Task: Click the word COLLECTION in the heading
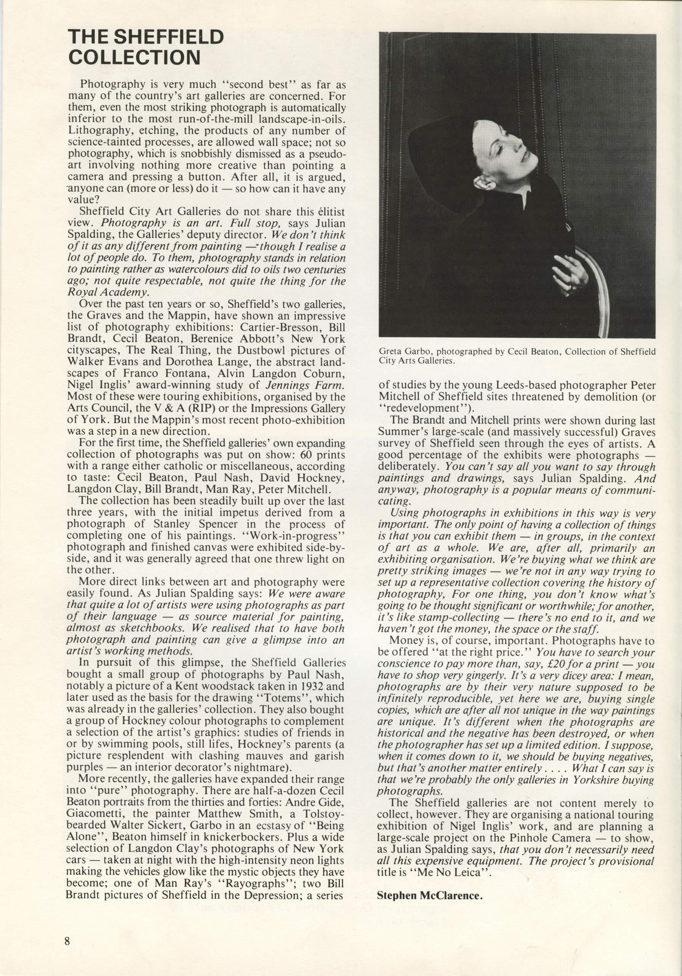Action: click(x=134, y=58)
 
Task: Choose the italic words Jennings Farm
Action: click(x=304, y=385)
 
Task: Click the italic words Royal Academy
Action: click(x=108, y=292)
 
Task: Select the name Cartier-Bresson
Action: click(x=281, y=328)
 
